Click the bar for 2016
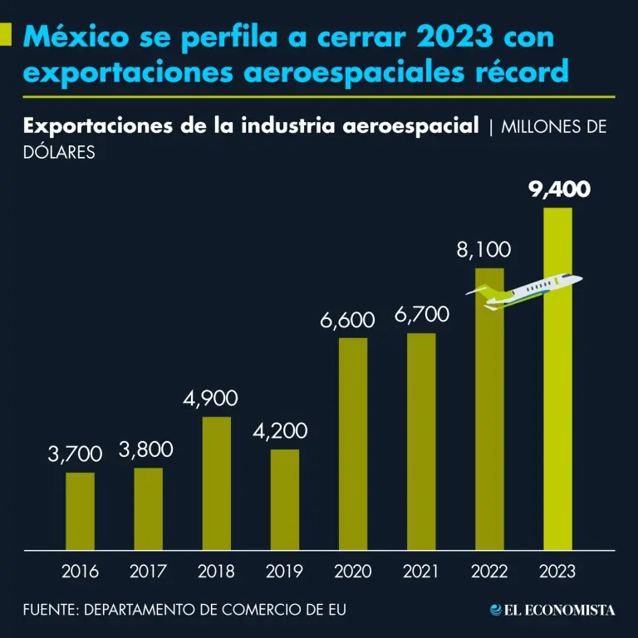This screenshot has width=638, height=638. click(x=80, y=511)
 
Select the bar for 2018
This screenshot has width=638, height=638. click(x=216, y=483)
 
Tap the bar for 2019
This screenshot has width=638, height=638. click(x=284, y=499)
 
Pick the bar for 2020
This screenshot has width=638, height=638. click(x=353, y=444)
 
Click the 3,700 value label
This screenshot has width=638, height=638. click(x=75, y=454)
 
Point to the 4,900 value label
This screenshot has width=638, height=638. click(x=210, y=399)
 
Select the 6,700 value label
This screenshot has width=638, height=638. click(x=421, y=315)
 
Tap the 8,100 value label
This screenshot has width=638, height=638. click(x=483, y=249)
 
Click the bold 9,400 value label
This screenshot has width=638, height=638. click(x=560, y=190)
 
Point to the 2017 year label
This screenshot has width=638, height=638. click(x=149, y=572)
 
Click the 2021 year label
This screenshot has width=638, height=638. click(x=420, y=572)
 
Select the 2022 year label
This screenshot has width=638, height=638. click(x=489, y=572)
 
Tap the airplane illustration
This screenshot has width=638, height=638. click(x=525, y=291)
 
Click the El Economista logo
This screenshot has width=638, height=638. click(x=552, y=610)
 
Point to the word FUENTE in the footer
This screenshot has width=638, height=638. click(x=49, y=610)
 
